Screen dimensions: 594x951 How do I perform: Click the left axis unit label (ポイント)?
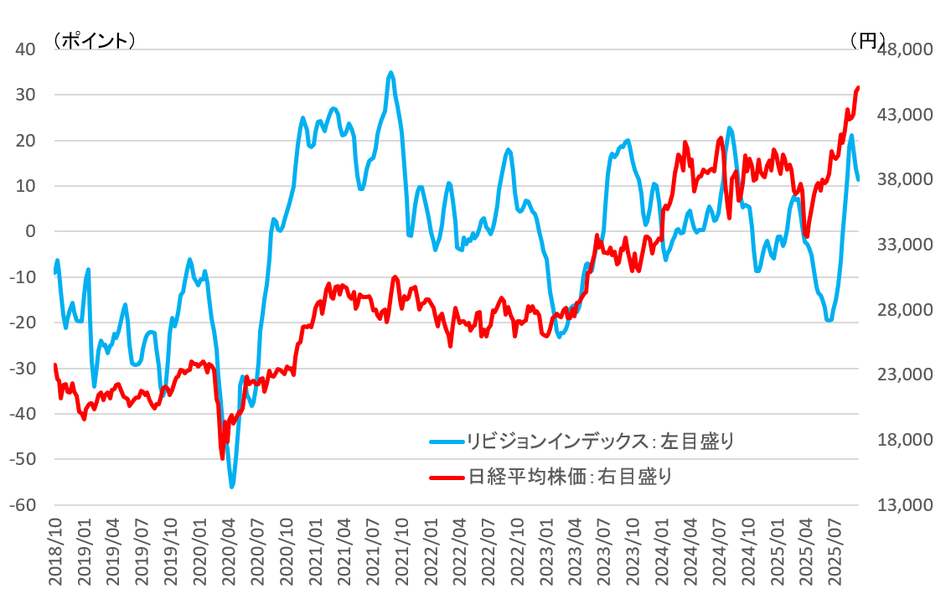pyautogui.click(x=93, y=39)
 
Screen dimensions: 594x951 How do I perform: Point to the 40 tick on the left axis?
pyautogui.click(x=24, y=49)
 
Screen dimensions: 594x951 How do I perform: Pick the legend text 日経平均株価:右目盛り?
pyautogui.click(x=570, y=477)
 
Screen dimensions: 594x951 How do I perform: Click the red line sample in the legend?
pyautogui.click(x=446, y=478)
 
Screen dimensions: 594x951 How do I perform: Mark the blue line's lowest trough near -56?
pyautogui.click(x=231, y=486)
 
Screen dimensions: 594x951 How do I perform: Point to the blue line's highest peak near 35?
pyautogui.click(x=390, y=73)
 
